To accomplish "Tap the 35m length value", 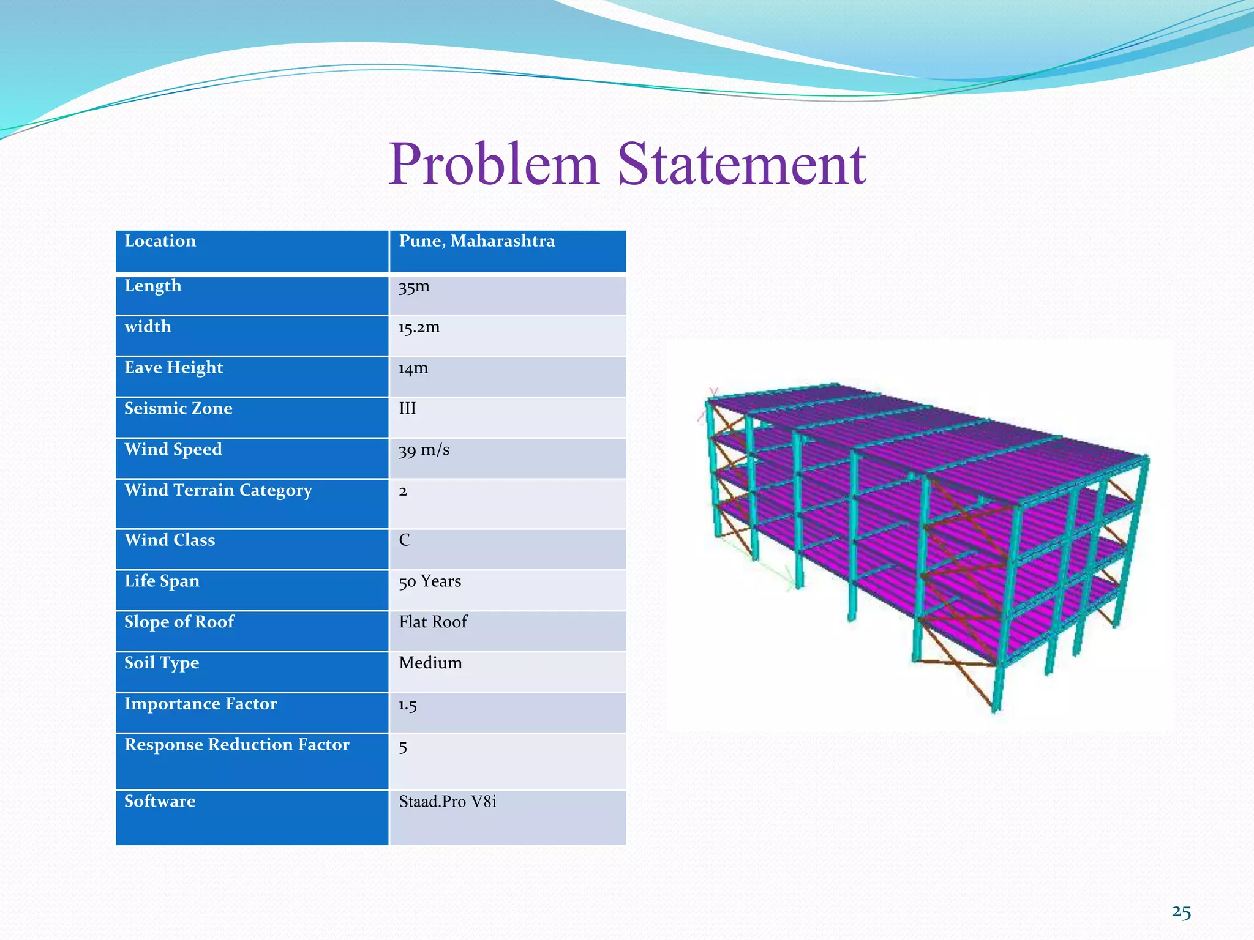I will (x=414, y=286).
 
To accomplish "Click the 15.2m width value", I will (x=419, y=327).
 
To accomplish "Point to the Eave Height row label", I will (x=173, y=368).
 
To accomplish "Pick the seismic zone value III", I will (x=407, y=409).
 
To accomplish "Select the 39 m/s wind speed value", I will (x=424, y=450).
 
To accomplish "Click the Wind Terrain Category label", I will (x=218, y=491).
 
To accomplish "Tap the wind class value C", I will (x=404, y=540).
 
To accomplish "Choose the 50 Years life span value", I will (x=430, y=581).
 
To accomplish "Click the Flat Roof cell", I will (x=433, y=622).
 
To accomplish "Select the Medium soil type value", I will (x=430, y=663).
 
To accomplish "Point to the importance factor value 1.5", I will (x=408, y=705).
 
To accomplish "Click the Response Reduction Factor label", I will (x=236, y=745).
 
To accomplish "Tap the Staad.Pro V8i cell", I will (x=448, y=802).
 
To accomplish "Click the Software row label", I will (x=160, y=802).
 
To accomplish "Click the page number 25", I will (x=1181, y=912).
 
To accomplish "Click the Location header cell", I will (x=160, y=241).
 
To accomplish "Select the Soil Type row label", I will (x=162, y=663).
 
